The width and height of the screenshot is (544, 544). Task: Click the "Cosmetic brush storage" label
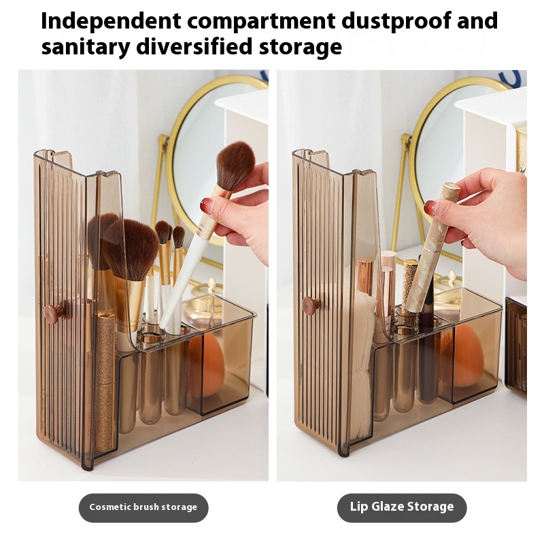tap(143, 507)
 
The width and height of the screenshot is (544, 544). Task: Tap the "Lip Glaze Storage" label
tap(402, 507)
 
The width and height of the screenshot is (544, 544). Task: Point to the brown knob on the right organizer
tap(311, 305)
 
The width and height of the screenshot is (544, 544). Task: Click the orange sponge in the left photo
tap(207, 364)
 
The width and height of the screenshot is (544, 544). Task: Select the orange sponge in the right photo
tap(464, 356)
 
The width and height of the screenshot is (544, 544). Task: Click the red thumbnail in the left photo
tap(205, 205)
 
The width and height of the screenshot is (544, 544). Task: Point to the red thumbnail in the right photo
tap(431, 207)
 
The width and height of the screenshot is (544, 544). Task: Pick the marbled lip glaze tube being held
tap(432, 248)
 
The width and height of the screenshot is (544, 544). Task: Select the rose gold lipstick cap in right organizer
tap(364, 276)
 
